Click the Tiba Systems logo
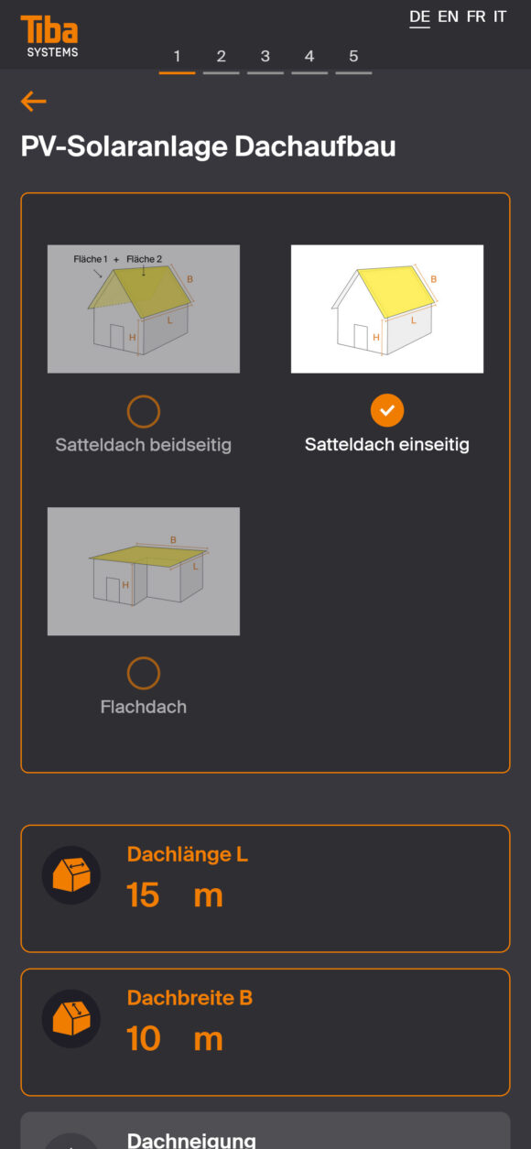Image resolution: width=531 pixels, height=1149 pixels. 49,36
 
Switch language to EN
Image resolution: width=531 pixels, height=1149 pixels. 448,16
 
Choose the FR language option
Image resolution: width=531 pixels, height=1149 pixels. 475,16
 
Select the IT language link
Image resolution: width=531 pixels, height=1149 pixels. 500,16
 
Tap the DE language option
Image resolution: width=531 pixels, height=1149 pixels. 419,16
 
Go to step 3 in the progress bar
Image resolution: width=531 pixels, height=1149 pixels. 265,56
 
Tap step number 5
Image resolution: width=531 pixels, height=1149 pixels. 353,56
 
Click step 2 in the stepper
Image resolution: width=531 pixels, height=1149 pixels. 222,56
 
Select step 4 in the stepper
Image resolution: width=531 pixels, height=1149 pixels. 309,56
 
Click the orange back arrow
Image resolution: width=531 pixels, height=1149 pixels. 34,101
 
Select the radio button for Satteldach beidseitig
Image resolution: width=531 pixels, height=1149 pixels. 144,411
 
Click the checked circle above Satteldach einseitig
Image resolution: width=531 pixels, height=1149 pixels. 387,410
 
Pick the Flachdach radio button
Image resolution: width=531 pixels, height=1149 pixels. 144,673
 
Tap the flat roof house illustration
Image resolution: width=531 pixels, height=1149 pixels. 144,571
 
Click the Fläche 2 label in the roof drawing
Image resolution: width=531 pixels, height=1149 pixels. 144,259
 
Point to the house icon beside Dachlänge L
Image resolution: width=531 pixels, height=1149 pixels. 71,875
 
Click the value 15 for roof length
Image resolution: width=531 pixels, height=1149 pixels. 143,895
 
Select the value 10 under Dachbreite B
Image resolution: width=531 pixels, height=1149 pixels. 144,1039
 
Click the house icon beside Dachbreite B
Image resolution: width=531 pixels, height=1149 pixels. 71,1019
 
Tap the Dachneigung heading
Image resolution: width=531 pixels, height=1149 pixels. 191,1140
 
